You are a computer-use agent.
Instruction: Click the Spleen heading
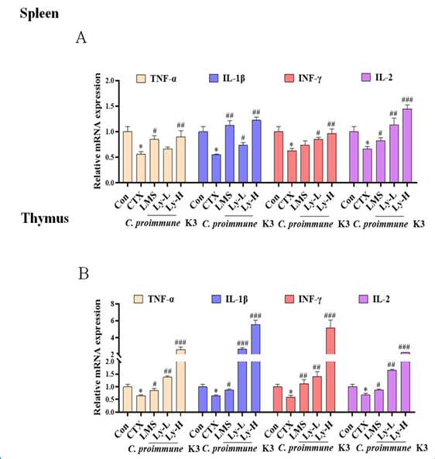[x=39, y=14]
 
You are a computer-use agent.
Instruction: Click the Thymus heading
[x=45, y=219]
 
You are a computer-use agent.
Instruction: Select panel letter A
[x=81, y=38]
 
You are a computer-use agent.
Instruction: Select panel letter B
[x=84, y=273]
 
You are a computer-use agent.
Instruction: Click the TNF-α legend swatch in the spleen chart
[x=141, y=79]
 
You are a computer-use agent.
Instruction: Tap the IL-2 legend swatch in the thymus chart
[x=363, y=299]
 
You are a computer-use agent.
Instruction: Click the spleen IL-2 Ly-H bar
[x=407, y=146]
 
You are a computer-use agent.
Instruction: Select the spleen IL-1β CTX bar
[x=216, y=168]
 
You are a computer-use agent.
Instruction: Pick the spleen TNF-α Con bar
[x=128, y=157]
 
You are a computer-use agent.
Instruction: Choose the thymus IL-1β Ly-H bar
[x=255, y=368]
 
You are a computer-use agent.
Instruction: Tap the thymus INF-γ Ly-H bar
[x=331, y=370]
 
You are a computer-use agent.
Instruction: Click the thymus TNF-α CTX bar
[x=141, y=404]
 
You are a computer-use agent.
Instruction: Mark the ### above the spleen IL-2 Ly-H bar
[x=407, y=100]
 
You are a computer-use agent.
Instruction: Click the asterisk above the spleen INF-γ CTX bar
[x=291, y=145]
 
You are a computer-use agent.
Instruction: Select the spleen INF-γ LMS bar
[x=305, y=163]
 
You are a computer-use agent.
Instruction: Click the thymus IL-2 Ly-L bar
[x=392, y=391]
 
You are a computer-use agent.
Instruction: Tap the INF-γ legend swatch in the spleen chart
[x=289, y=78]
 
